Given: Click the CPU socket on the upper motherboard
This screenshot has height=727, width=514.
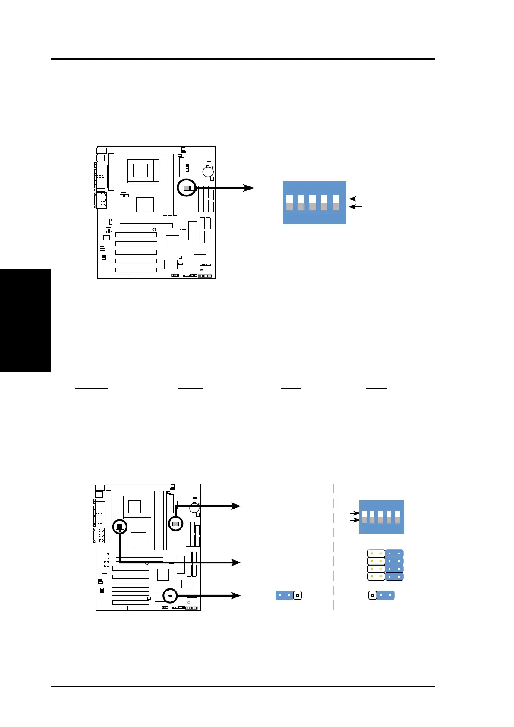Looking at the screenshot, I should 141,171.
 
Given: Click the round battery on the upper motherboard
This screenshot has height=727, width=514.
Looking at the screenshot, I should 208,171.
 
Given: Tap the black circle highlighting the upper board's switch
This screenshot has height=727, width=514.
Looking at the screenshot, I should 187,188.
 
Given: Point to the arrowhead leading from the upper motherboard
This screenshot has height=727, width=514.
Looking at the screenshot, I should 248,188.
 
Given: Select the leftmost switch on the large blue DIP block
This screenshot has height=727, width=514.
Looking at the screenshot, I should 289,202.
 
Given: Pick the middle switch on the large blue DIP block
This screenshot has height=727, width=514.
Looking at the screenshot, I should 312,202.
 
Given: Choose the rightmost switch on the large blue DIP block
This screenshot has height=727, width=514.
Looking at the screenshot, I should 336,202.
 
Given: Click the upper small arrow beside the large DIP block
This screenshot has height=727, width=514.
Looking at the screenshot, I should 355,199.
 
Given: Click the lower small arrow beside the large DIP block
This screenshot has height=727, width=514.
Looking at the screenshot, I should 355,207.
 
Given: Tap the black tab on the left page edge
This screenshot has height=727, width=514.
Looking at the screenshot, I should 25,320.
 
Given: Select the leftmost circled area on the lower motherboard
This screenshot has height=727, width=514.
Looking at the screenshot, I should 120,527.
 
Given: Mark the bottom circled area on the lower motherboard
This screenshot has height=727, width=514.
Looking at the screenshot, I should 170,596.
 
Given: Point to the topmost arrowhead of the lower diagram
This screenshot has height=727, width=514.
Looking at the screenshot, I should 236,506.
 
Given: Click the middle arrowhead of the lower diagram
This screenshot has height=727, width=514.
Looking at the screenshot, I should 236,563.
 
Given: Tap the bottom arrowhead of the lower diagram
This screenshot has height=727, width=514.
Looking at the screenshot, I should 236,596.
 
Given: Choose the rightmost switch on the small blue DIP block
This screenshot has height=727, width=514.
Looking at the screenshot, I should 397,517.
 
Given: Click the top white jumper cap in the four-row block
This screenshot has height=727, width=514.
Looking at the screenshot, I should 376,553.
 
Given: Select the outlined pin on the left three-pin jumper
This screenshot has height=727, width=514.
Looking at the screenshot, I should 297,595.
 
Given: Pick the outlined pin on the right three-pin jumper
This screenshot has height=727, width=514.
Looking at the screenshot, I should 372,595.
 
